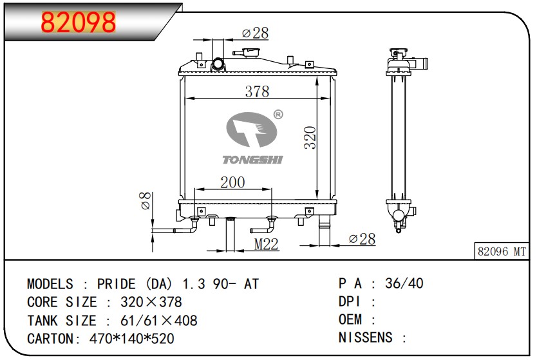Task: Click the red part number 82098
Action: [x=79, y=22]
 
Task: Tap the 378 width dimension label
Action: [x=257, y=91]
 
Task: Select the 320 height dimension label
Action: [x=310, y=137]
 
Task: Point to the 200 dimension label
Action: [x=232, y=182]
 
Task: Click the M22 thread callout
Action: [x=266, y=244]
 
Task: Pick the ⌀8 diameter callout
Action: [x=146, y=200]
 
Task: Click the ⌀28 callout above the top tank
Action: [x=256, y=33]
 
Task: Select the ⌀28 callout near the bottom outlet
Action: [x=363, y=239]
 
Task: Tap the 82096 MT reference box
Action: [x=502, y=251]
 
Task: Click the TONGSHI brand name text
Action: [x=253, y=160]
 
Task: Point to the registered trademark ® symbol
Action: [x=278, y=115]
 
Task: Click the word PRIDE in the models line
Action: [x=117, y=284]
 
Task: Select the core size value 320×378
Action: [x=151, y=302]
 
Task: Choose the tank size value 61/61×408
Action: [x=159, y=321]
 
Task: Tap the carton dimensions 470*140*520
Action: [x=132, y=339]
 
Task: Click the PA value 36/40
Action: [x=404, y=283]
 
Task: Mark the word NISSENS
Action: [x=366, y=337]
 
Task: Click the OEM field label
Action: [x=350, y=319]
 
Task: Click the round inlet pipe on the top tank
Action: [x=218, y=64]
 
